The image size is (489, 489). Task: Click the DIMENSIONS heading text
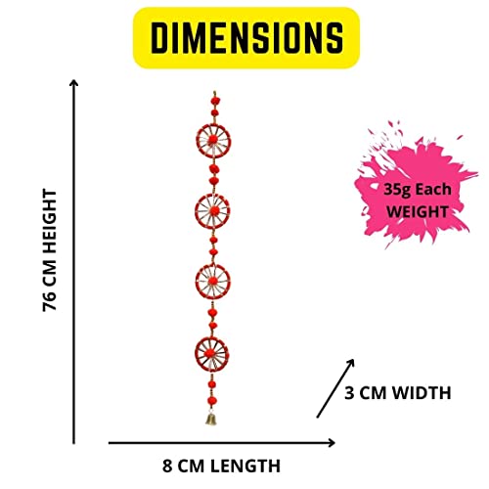point(246,38)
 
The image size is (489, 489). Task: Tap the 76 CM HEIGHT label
point(50,250)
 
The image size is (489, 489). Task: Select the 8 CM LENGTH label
point(221,466)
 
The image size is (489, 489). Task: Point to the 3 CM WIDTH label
point(398,392)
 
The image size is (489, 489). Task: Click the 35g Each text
point(418,190)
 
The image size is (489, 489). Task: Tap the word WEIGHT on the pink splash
point(418,212)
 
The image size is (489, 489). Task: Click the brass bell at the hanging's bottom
point(211,419)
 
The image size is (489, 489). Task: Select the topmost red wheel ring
point(213,124)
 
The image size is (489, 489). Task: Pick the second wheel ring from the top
point(212,195)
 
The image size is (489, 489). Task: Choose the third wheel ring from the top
point(212,265)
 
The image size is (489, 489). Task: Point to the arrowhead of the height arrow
point(74,81)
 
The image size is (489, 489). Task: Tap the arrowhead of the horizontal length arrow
point(333,443)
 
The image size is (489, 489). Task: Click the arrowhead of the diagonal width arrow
point(351,362)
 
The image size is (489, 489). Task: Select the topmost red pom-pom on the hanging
point(214,101)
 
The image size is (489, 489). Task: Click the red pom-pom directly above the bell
point(213,401)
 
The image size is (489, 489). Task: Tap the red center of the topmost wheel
point(213,140)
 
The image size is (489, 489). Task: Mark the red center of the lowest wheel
point(209,353)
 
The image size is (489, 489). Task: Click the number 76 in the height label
point(50,301)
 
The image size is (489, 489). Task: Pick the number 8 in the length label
point(167,466)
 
